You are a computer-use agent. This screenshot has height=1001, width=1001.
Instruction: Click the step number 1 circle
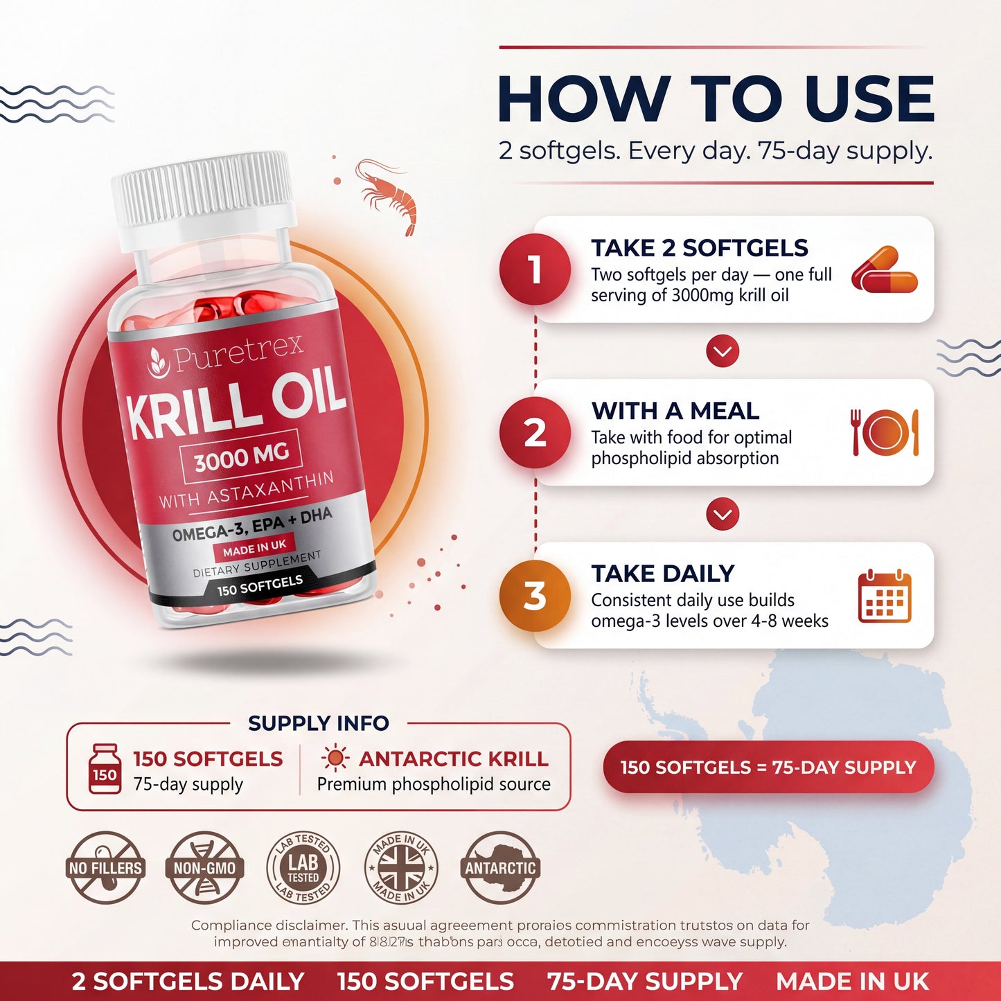535,269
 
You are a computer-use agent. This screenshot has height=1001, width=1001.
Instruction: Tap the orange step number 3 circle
535,596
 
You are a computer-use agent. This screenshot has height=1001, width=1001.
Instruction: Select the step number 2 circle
535,433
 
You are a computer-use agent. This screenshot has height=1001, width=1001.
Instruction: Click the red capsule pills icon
884,270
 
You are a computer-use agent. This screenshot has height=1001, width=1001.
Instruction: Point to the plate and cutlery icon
885,433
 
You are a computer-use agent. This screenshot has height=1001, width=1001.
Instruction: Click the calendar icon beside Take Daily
885,596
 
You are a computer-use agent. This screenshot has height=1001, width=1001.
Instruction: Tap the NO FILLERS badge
105,867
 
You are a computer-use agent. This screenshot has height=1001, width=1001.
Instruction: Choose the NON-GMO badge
204,867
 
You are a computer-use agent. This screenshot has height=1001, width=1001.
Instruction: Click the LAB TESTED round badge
303,867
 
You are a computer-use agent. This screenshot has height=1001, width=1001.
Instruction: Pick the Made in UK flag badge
401,867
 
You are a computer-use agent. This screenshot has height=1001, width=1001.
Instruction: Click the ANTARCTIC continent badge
500,867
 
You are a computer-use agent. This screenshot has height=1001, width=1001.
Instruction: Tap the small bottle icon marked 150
105,768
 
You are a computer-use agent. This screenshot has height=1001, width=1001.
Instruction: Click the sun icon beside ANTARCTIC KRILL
335,759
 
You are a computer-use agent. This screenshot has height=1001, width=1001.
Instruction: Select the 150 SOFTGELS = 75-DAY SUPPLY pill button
768,768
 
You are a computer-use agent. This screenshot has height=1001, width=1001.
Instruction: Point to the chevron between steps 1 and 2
723,351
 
